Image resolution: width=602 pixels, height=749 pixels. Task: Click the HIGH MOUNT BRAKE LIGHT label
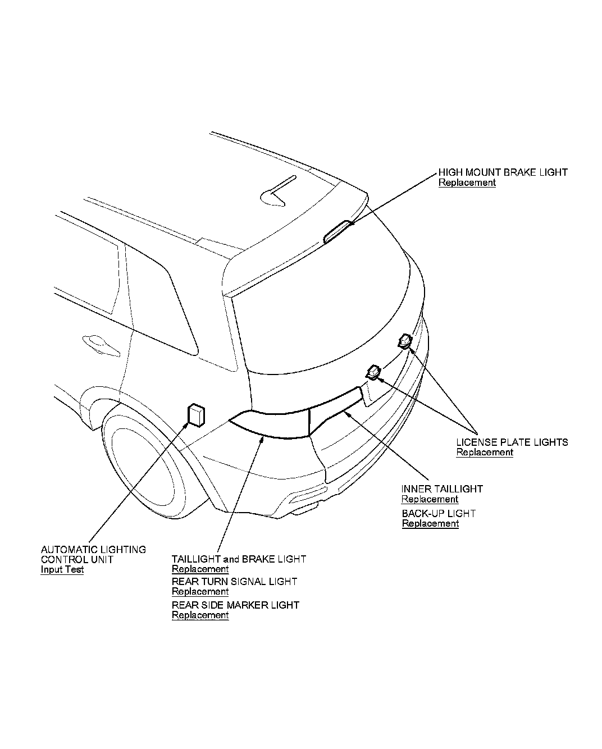[503, 172]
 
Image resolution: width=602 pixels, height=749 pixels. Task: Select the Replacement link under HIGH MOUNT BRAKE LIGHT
[467, 182]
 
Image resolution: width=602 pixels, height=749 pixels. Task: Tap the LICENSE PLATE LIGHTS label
[512, 442]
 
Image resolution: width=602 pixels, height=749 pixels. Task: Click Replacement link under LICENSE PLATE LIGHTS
[484, 452]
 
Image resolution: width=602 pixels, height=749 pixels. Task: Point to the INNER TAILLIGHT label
[441, 489]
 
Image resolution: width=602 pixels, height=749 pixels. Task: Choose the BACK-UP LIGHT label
[438, 513]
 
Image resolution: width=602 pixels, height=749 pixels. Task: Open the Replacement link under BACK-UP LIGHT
[430, 523]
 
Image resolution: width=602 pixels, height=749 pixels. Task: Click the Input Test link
[62, 569]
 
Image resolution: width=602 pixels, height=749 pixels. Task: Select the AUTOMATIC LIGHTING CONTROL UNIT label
[93, 554]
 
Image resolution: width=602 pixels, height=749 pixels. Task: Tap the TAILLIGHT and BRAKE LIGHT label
[239, 559]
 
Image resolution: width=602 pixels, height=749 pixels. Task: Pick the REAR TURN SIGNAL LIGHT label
[234, 582]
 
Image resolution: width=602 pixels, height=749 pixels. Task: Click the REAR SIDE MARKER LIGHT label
[235, 605]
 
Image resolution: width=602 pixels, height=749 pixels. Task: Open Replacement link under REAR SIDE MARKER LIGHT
[200, 615]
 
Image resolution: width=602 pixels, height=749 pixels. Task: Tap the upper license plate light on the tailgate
[405, 340]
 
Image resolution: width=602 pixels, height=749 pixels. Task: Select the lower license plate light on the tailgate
[374, 371]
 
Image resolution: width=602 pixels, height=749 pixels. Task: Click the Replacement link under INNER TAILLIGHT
[430, 499]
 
